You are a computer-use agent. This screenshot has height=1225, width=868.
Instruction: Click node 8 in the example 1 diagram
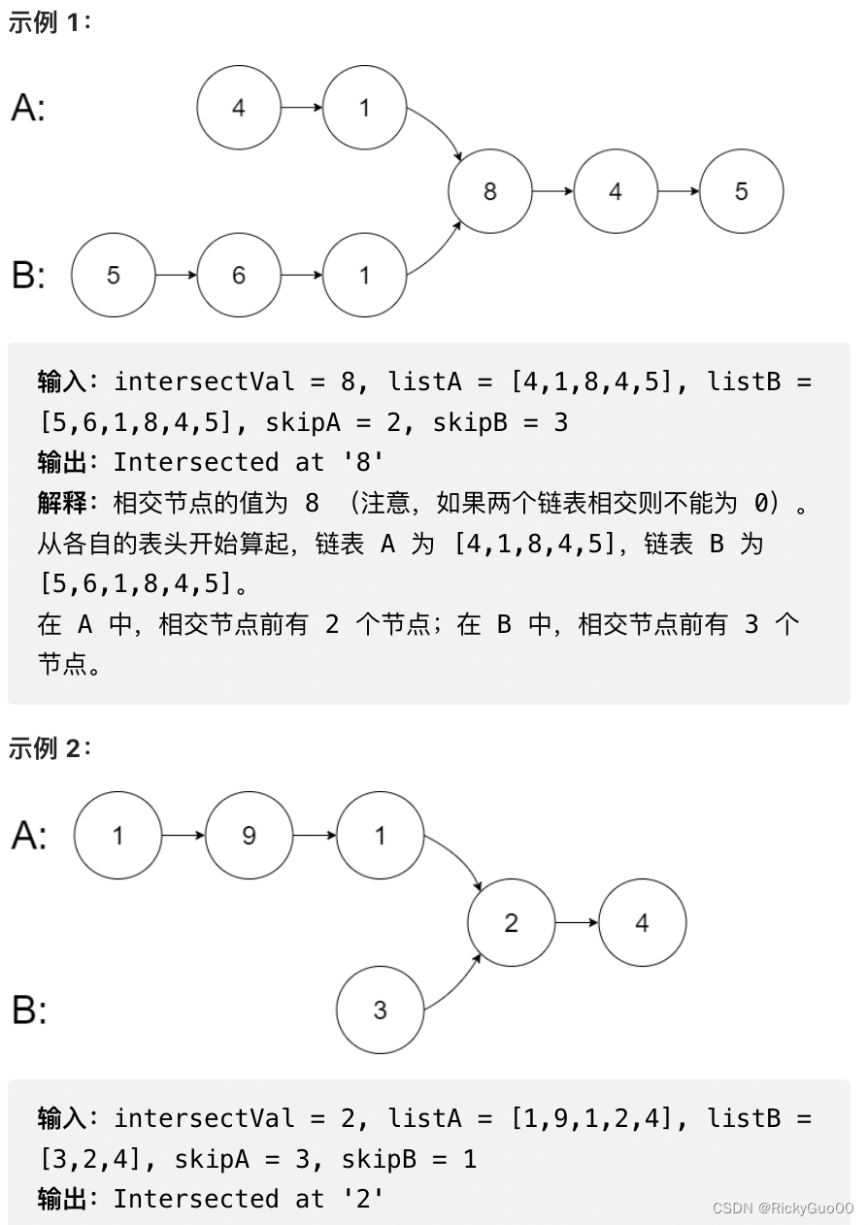pos(490,192)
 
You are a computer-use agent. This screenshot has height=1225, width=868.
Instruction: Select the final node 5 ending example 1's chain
pos(741,192)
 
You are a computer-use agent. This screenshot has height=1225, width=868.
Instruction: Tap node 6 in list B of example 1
pos(239,276)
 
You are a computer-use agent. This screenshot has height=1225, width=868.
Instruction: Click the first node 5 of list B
pos(114,276)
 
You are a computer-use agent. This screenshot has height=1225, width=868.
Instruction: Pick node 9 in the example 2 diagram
pos(249,835)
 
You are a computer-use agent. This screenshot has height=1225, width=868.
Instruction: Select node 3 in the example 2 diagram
pos(380,1010)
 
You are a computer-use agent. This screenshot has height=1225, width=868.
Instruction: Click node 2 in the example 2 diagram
pos(511,923)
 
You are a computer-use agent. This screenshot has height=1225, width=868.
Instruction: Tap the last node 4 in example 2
pos(642,923)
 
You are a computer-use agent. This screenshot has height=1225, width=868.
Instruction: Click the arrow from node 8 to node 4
pos(553,192)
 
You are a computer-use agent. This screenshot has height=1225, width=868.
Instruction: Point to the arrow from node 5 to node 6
pos(176,276)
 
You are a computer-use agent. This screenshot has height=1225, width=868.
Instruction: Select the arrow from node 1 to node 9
pos(184,835)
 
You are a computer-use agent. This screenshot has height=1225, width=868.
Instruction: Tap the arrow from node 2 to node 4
pos(577,923)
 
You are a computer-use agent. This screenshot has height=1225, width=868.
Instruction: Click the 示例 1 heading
pos(49,23)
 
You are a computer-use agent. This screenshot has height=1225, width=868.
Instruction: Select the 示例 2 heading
pos(49,748)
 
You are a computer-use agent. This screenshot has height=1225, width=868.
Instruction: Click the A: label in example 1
pos(29,108)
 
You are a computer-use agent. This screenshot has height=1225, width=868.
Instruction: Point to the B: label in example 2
pos(29,1010)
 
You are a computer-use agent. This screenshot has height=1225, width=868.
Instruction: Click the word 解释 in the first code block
pos(62,504)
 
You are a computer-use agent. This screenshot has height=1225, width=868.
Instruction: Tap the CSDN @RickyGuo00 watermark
pos(783,1208)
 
